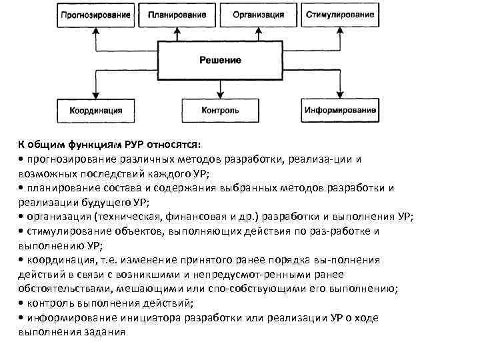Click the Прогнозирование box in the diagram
(95, 15)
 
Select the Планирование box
(177, 15)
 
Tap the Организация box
(259, 15)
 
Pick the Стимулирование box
(339, 15)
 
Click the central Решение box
(221, 60)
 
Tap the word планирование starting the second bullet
(63, 189)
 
